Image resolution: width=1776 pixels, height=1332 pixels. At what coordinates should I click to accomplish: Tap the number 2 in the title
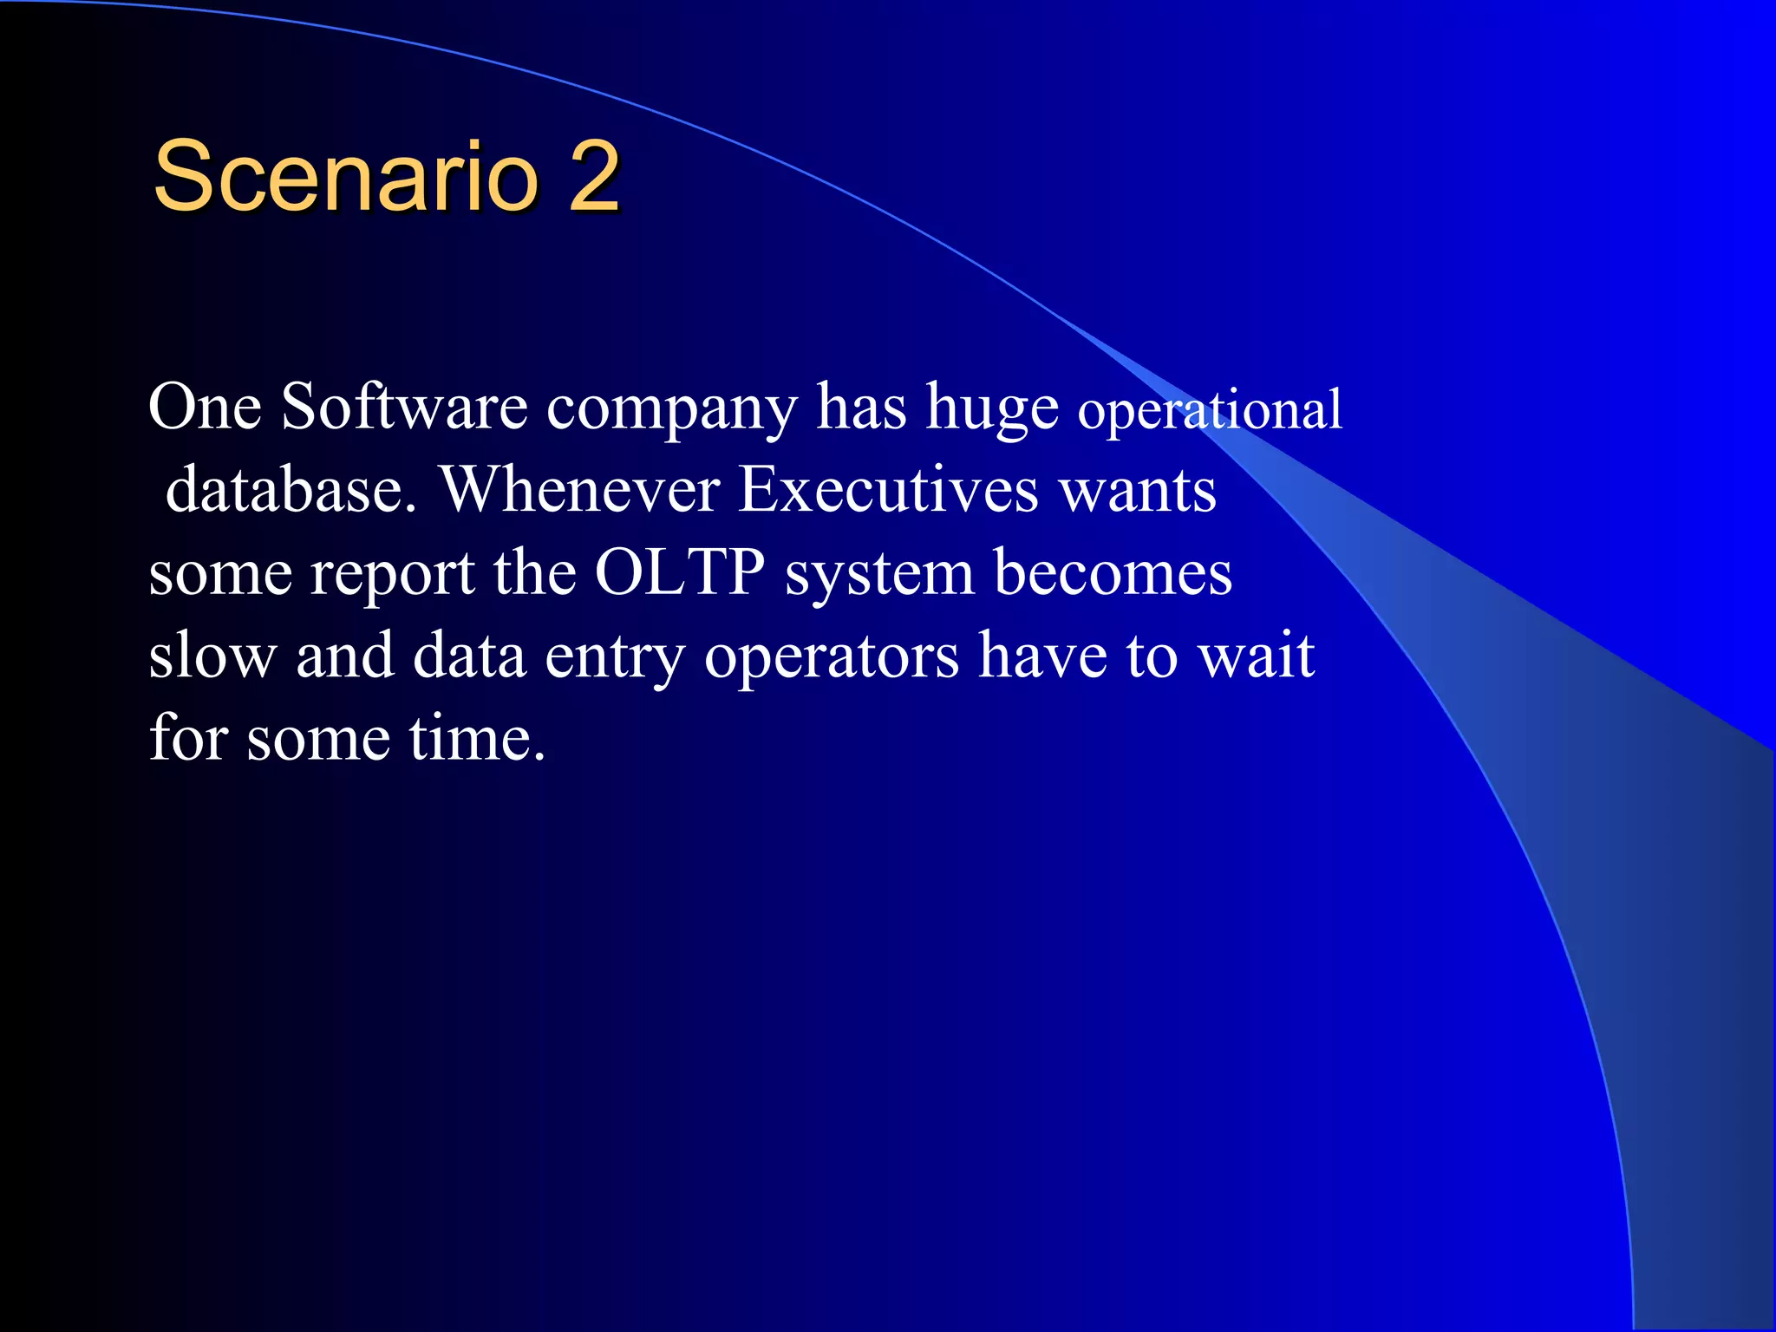pyautogui.click(x=594, y=177)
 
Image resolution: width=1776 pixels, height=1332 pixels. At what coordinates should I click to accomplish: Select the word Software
pyautogui.click(x=404, y=407)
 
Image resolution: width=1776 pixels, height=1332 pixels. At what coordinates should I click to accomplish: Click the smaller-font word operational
pyautogui.click(x=1210, y=411)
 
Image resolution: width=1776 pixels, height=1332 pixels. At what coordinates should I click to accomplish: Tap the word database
pyautogui.click(x=291, y=490)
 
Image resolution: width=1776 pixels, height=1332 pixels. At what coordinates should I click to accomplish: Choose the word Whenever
pyautogui.click(x=581, y=490)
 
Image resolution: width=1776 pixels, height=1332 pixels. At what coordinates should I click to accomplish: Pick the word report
pyautogui.click(x=392, y=575)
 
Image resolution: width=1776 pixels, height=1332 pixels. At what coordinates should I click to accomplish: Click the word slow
pyautogui.click(x=212, y=656)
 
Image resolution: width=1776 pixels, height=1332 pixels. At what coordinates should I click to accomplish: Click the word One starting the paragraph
pyautogui.click(x=205, y=407)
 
